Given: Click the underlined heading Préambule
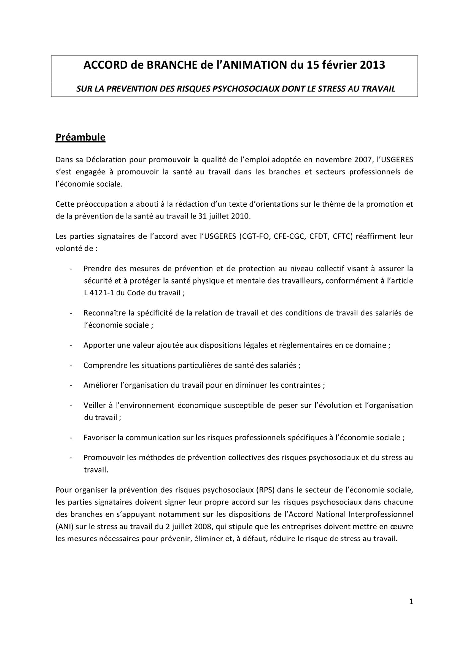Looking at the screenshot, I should (x=80, y=137).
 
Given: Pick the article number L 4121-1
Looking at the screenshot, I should (x=98, y=293).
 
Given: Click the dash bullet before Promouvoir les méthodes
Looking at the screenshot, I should (x=71, y=457).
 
